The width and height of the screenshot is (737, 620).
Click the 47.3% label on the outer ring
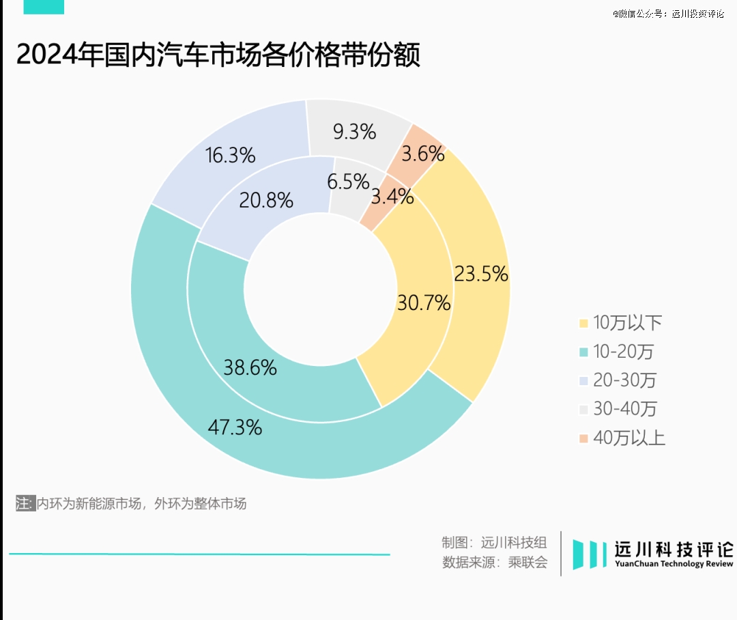[234, 428]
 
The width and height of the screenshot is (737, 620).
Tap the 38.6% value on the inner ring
[250, 367]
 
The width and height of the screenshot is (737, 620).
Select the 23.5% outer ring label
[481, 274]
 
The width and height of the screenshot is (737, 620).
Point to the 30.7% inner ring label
[424, 302]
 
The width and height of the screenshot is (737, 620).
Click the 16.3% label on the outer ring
[230, 156]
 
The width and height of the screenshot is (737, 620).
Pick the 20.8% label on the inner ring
[266, 200]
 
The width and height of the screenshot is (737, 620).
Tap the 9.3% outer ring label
[354, 132]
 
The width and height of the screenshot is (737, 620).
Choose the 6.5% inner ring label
[348, 182]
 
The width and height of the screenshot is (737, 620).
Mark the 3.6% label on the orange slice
[423, 154]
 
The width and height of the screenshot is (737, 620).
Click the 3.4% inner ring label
[392, 197]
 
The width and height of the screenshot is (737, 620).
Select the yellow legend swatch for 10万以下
[583, 323]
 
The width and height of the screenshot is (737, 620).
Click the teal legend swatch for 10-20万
[583, 352]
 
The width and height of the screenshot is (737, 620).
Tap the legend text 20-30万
[624, 380]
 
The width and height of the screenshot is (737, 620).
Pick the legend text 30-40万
[624, 409]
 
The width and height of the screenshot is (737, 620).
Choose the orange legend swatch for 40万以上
[583, 438]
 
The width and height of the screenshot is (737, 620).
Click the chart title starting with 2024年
[218, 55]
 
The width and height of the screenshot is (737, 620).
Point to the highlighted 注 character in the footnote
[24, 504]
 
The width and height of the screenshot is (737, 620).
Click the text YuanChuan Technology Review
[674, 564]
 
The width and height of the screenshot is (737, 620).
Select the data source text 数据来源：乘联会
[495, 563]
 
